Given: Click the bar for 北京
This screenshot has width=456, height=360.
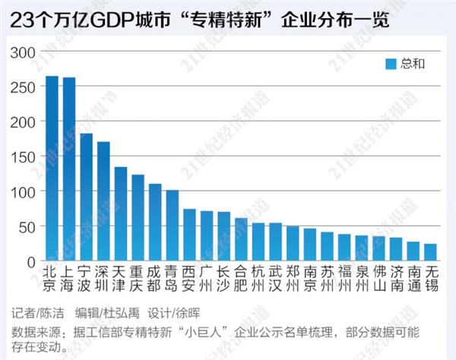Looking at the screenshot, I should [x=52, y=169].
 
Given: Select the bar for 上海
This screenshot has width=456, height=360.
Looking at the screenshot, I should [x=69, y=169].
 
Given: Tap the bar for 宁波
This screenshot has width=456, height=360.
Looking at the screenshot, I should [x=86, y=197].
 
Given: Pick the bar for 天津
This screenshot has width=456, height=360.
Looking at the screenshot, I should [x=120, y=214].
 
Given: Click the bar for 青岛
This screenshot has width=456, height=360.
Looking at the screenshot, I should [x=173, y=226].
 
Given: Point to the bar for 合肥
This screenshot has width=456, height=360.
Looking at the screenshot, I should [x=241, y=240].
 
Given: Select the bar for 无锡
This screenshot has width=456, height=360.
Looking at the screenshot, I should [x=430, y=253].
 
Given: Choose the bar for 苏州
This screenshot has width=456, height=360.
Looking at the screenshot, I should [x=327, y=247].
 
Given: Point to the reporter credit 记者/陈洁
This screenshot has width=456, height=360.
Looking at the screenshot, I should [x=39, y=313].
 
